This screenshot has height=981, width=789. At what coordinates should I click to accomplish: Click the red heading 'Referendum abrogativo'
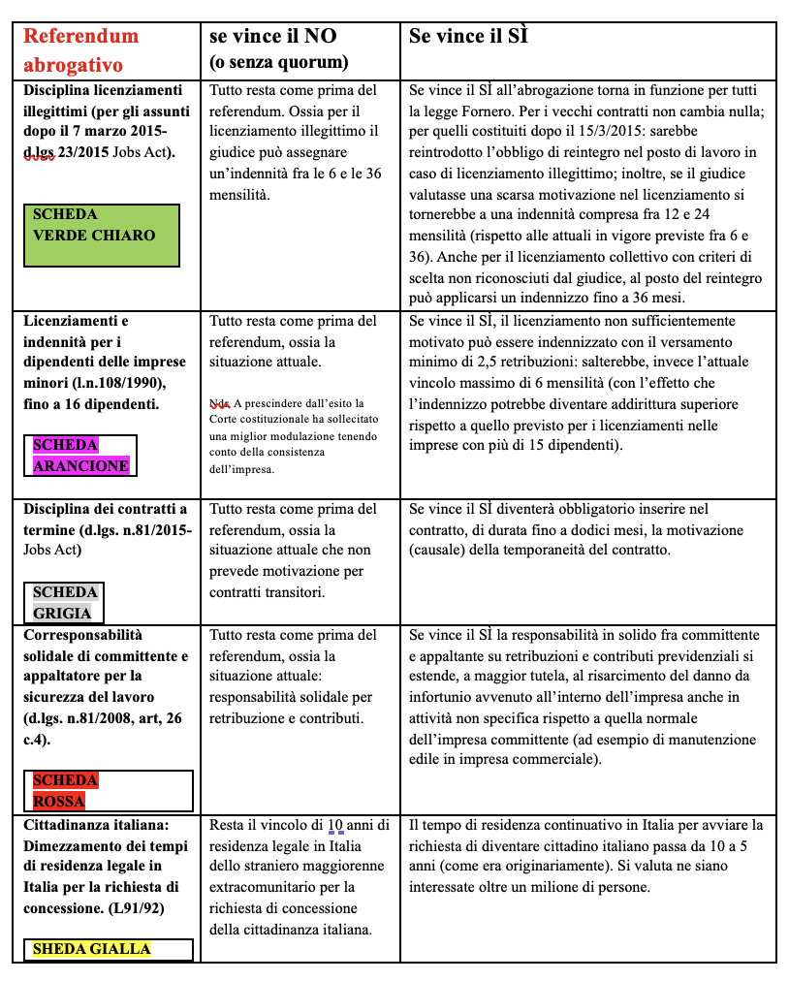(x=81, y=50)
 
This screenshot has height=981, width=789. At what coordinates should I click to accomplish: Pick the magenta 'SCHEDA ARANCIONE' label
(x=80, y=455)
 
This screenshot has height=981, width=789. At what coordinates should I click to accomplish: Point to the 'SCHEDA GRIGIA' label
(x=65, y=602)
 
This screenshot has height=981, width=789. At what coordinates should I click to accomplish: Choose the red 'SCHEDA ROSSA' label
(x=65, y=790)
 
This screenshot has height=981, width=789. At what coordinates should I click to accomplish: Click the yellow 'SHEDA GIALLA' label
(x=92, y=948)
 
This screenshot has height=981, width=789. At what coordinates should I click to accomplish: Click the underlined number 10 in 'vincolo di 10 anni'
(x=335, y=825)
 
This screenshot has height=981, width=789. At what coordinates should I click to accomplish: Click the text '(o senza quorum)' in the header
(x=278, y=63)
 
